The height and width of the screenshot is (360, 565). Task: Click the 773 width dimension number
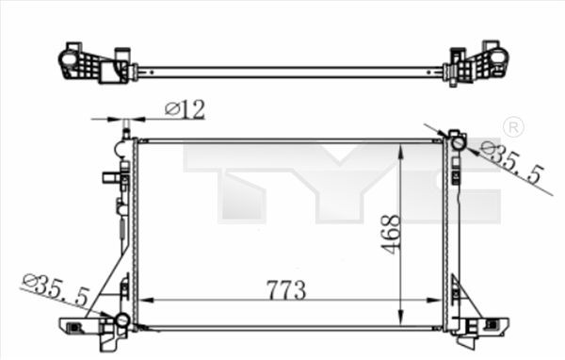[x=286, y=290]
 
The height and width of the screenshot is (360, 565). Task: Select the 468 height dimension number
[x=392, y=233]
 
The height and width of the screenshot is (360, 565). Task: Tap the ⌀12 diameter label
[x=185, y=109]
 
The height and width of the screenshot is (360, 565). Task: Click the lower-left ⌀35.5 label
[x=56, y=290]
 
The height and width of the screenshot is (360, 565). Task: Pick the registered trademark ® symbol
[x=513, y=127]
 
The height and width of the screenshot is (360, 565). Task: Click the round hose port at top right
[x=457, y=143]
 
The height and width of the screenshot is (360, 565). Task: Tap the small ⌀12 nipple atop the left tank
[x=125, y=127]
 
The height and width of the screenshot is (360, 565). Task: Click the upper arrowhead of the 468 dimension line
[x=403, y=149]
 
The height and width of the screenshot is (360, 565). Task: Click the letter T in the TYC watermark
[x=235, y=184]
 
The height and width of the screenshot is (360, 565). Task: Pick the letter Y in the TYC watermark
[x=339, y=184]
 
